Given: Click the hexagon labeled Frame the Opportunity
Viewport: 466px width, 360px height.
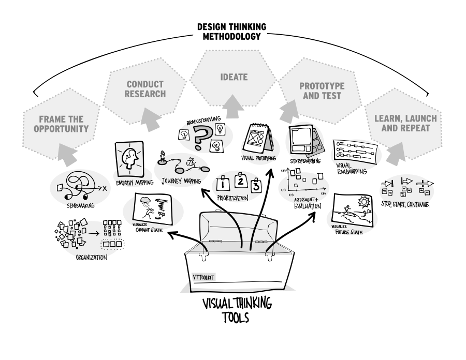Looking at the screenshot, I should [x=61, y=124].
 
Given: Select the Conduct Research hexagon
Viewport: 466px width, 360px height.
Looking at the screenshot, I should [x=145, y=89].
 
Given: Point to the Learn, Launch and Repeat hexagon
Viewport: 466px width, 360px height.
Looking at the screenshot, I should [x=405, y=123].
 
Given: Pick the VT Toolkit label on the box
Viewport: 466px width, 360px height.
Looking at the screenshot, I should [x=203, y=278].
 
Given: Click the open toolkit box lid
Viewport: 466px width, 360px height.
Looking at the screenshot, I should [x=238, y=228].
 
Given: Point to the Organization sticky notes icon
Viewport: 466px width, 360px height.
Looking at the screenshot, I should [x=91, y=238].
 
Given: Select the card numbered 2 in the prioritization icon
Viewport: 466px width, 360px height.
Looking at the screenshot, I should [x=240, y=181].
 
